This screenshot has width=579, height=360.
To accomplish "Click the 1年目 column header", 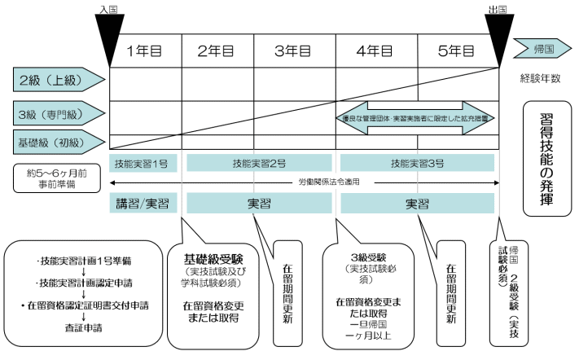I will pyautogui.click(x=148, y=50).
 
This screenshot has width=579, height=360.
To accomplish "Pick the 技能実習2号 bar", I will pyautogui.click(x=261, y=164).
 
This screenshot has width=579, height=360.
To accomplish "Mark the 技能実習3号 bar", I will pyautogui.click(x=418, y=164).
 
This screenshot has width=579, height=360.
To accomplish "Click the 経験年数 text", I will pyautogui.click(x=543, y=79).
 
